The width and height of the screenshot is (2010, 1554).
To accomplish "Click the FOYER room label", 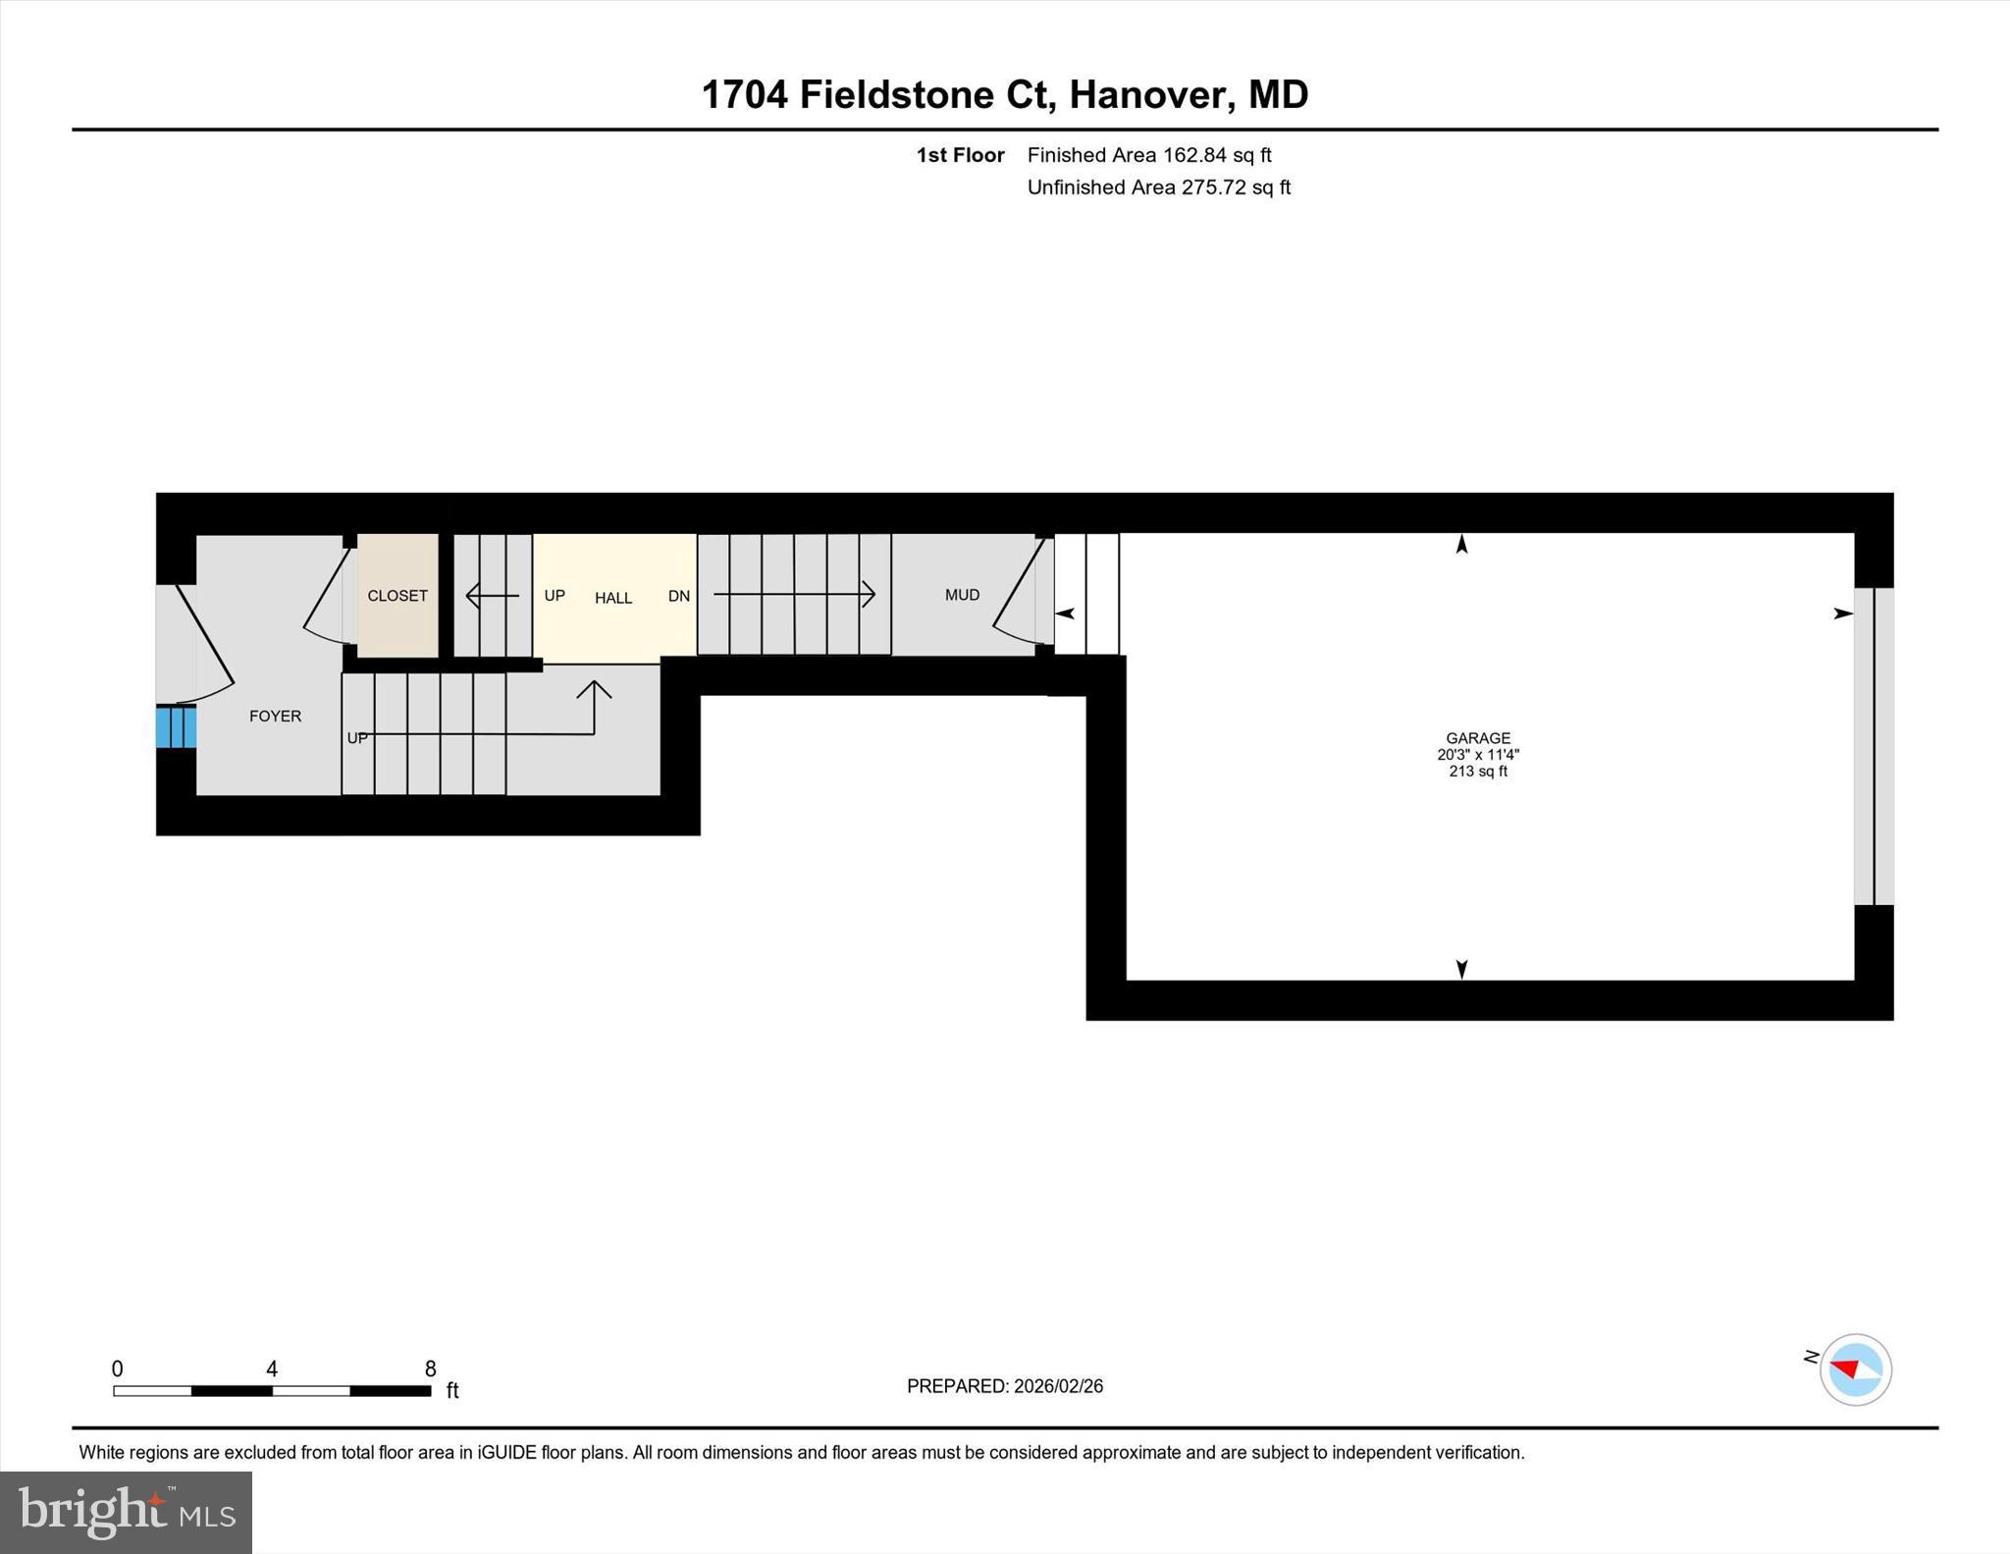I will click(x=275, y=716).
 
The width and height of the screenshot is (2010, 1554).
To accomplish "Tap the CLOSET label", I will click(x=397, y=596).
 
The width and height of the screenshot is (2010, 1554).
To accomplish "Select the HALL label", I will click(x=613, y=598).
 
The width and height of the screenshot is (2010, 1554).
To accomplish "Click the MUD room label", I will click(x=962, y=595).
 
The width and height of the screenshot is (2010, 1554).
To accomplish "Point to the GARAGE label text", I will click(x=1477, y=738).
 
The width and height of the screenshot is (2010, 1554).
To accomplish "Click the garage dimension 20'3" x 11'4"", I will click(x=1477, y=755).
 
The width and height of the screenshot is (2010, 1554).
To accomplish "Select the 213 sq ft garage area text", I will click(x=1477, y=772).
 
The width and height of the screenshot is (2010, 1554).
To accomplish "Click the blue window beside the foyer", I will click(x=176, y=727).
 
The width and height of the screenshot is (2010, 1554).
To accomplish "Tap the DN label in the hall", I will click(x=679, y=596).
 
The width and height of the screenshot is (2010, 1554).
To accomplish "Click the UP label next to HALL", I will click(x=555, y=596).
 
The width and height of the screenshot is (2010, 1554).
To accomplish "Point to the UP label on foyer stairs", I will click(x=357, y=738).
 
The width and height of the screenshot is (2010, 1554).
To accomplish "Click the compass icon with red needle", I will click(x=1855, y=1369).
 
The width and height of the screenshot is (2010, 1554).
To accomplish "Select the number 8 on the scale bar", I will click(x=430, y=1368).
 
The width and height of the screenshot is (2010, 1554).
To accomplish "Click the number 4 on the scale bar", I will click(x=272, y=1368).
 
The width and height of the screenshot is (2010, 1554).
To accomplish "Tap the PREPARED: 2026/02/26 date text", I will click(x=1004, y=1386).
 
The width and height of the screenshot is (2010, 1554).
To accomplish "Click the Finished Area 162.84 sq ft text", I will click(x=1148, y=155).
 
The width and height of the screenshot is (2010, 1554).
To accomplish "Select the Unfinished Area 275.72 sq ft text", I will click(x=1158, y=188).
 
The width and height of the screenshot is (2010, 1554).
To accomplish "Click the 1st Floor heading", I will click(x=960, y=155).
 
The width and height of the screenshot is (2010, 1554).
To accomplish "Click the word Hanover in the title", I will click(x=1146, y=94).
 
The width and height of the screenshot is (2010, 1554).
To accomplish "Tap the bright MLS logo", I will click(x=126, y=1512).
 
